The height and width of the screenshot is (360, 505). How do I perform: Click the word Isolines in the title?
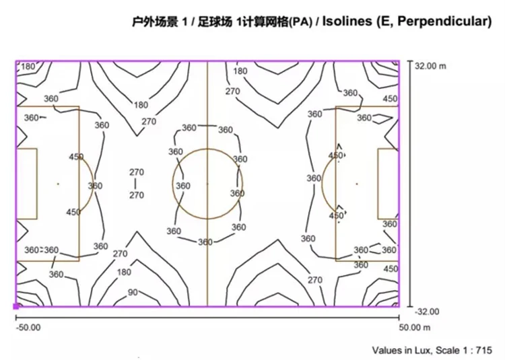tap(346, 22)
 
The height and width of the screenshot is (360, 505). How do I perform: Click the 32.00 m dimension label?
tap(432, 66)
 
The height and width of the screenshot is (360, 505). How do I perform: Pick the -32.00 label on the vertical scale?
tap(426, 312)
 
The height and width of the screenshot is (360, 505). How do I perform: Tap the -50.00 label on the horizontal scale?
tap(28, 328)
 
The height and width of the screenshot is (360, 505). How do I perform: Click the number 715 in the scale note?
tap(484, 350)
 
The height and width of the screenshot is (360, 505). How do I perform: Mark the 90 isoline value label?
tap(133, 293)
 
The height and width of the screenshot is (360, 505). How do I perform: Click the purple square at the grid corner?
tap(16, 306)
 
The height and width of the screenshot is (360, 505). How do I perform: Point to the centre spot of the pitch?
tap(207, 183)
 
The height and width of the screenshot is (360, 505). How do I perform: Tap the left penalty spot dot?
tap(59, 183)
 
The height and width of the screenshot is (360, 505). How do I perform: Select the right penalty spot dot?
tap(356, 183)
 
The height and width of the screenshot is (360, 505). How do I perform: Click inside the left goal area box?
tap(26, 183)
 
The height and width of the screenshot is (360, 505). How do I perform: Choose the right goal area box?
tap(389, 183)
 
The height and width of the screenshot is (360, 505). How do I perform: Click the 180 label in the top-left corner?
tap(28, 67)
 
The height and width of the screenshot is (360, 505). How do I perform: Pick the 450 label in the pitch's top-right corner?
tap(390, 98)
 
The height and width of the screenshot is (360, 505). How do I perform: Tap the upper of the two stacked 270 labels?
tap(136, 172)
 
